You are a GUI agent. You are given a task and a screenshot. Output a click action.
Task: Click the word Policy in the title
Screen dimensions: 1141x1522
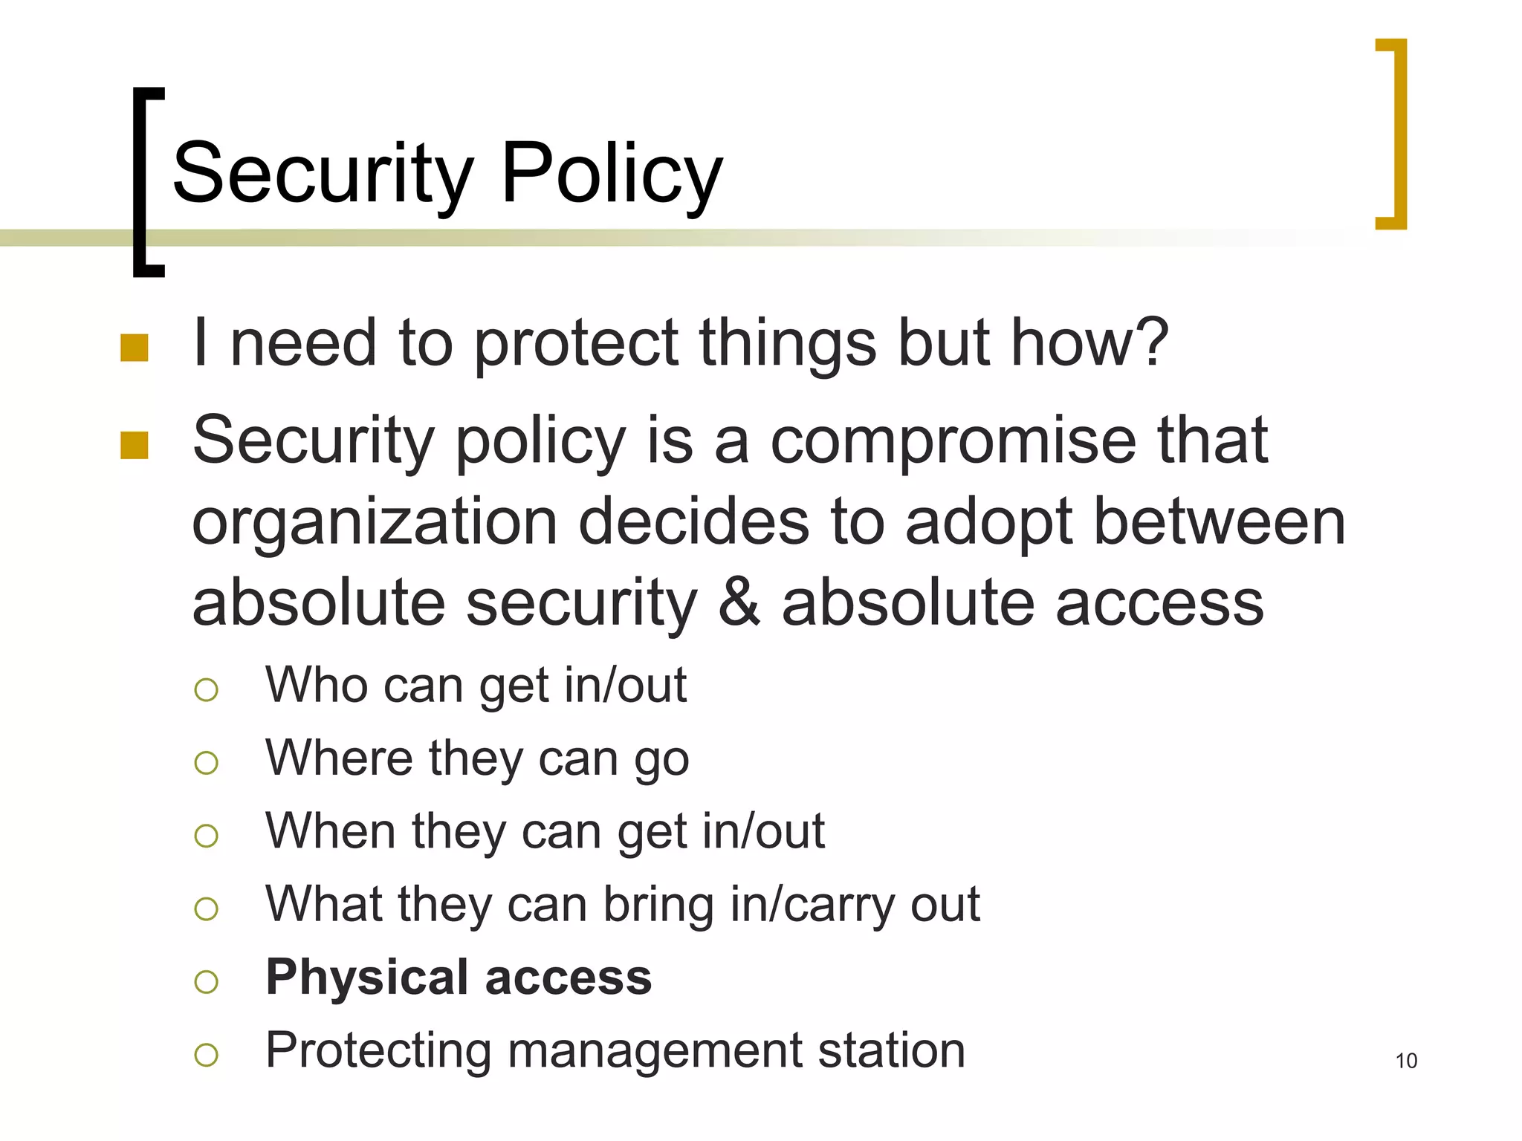612,174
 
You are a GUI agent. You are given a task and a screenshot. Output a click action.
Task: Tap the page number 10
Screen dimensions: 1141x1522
1406,1061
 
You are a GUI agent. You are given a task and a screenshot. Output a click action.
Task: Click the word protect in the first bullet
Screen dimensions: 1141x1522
576,344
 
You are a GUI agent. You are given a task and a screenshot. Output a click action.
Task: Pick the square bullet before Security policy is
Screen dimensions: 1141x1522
135,446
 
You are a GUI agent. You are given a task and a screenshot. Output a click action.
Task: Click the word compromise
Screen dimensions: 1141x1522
953,441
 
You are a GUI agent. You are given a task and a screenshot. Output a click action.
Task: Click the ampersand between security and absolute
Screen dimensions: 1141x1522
739,603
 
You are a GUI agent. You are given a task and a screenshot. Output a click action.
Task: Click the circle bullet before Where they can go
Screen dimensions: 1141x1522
206,763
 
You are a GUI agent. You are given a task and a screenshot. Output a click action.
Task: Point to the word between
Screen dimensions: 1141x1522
1220,522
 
